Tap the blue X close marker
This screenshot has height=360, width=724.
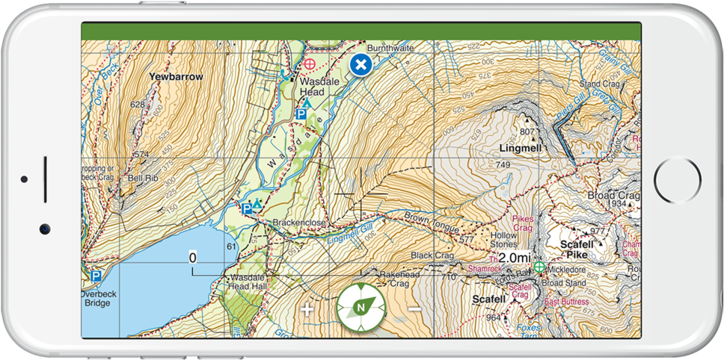(x=361, y=65)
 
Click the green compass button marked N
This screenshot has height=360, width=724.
(x=361, y=307)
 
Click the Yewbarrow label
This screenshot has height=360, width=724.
(x=177, y=77)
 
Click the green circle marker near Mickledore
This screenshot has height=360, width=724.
(x=539, y=267)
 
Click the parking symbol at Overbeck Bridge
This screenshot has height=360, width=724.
(x=96, y=276)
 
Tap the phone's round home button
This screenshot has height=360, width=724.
(x=678, y=180)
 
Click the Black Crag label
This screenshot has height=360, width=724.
(x=432, y=255)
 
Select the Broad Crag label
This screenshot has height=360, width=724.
(x=613, y=195)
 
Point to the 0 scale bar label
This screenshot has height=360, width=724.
(x=192, y=258)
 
